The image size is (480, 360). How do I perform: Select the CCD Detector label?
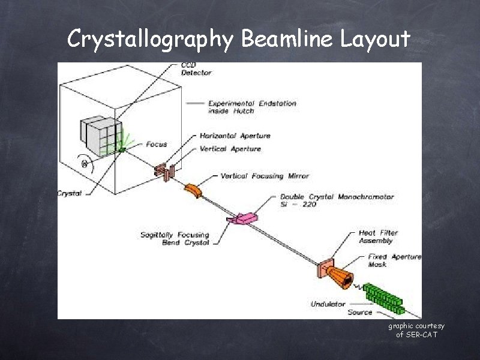pos(196,68)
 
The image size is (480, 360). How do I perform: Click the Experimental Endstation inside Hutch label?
pos(252,107)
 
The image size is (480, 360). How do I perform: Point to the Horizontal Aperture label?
pos(239,136)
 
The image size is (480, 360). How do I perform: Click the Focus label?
pos(157,145)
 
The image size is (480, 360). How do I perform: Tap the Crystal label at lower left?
pos(70,193)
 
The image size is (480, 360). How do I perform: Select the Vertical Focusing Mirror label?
pos(265,176)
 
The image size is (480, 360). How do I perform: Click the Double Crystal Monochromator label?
pos(337,200)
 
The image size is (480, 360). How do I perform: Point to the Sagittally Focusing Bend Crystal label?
pos(175,239)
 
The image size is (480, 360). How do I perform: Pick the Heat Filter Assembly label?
pos(378,236)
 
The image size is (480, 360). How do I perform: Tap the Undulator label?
pos(328,304)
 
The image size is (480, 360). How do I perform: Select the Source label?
pos(360,312)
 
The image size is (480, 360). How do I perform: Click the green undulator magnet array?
pos(385,297)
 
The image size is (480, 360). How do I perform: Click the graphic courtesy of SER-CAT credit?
pos(416,330)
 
